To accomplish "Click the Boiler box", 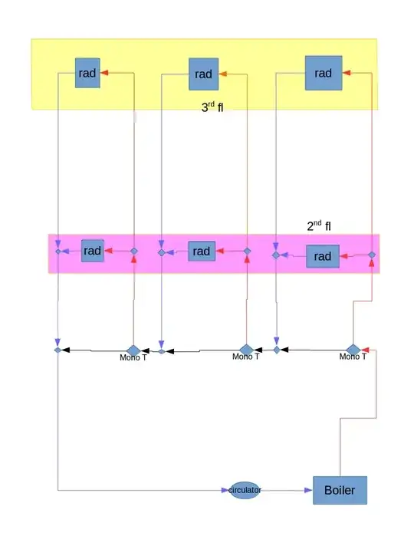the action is pos(340,490).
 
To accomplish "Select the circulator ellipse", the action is pos(245,490).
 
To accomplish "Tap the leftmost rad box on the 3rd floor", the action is pos(87,73).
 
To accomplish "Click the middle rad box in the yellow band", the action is pos(203,74).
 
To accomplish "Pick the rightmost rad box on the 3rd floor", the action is pos(324,73).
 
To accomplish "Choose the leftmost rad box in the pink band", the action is pos(92,251).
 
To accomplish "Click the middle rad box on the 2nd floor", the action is pos(202,252).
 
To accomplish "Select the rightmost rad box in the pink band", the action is pos(323,256).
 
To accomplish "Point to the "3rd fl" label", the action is pos(212,107).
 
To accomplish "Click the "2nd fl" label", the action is pos(319,225).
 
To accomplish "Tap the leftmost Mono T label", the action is pos(133,357).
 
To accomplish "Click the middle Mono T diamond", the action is pos(247,350).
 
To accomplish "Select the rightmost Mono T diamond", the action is pos(353,350).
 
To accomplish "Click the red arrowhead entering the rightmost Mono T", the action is pos(365,350).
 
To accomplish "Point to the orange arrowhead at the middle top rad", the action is pos(222,74).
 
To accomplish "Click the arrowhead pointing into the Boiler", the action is pos(308,490).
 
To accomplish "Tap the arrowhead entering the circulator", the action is pos(225,490).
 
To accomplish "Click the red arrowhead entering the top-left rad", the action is pos(104,73).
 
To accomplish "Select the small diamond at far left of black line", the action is pos(58,350).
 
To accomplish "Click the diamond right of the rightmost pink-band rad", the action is pos(372,255).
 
